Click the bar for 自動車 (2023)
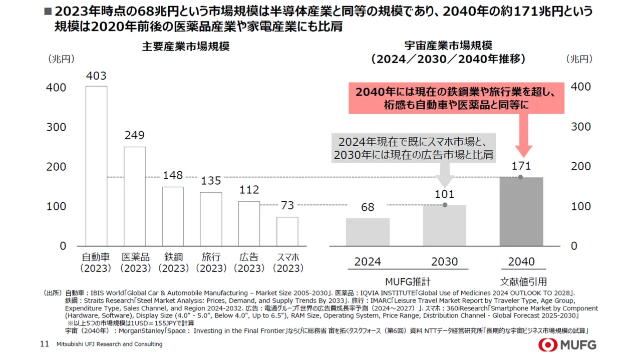(x=96, y=166)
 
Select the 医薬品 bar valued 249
(x=135, y=196)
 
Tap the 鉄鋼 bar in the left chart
(x=173, y=216)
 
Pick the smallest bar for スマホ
(x=287, y=231)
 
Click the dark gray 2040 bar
(x=521, y=212)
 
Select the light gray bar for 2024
(x=368, y=232)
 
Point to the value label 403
(x=96, y=76)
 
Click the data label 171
(x=521, y=166)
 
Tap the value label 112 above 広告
(x=249, y=190)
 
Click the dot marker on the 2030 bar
(x=445, y=205)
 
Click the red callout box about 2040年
(x=456, y=99)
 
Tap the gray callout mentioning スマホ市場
(x=414, y=148)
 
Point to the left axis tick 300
(x=56, y=127)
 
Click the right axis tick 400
(x=581, y=87)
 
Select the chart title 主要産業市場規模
(x=186, y=47)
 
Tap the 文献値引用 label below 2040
(x=523, y=281)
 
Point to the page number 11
(x=44, y=344)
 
